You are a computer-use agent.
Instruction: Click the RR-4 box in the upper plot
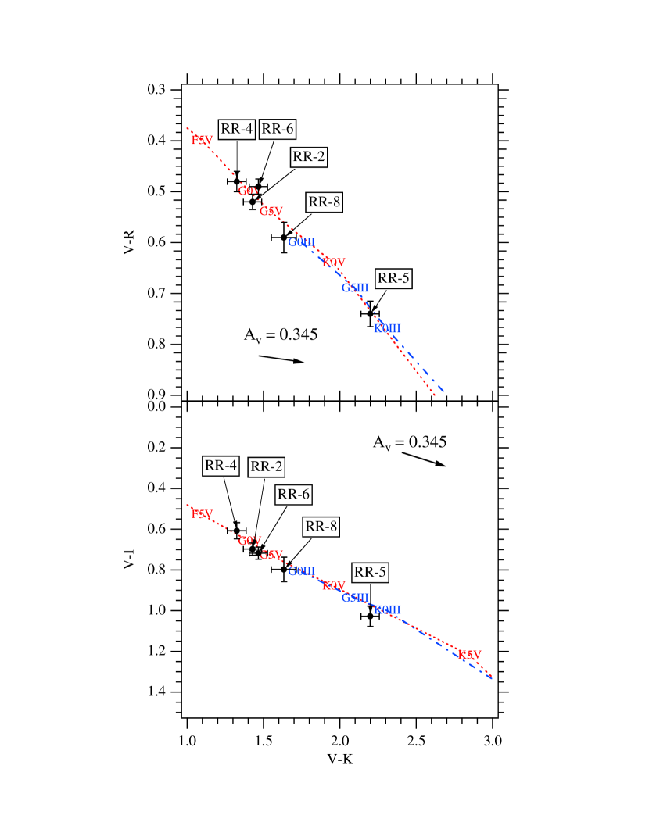tap(236, 129)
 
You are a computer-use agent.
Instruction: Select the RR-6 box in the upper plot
tap(278, 129)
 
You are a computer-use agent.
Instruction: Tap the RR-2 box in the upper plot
tap(309, 157)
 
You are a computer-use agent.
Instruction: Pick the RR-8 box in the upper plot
tap(324, 202)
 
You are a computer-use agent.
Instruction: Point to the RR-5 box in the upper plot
tap(393, 278)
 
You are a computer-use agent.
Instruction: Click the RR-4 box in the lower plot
tap(221, 466)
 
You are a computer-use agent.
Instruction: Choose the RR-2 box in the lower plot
tap(267, 467)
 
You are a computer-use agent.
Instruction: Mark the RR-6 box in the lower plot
tap(293, 495)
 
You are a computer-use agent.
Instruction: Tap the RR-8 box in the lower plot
tap(321, 527)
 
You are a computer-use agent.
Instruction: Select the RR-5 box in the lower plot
tap(370, 572)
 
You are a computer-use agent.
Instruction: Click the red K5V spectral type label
tap(470, 655)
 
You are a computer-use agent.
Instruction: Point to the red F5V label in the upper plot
tap(202, 141)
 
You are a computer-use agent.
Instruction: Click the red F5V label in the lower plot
tap(202, 514)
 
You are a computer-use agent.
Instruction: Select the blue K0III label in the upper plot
tap(387, 328)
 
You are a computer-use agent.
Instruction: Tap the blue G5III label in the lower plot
tap(355, 598)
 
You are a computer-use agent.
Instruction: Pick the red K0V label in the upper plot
tap(334, 263)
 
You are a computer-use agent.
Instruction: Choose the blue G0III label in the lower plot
tap(301, 571)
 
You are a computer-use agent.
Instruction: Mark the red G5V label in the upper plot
tap(271, 212)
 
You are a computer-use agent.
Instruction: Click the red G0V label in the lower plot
tap(249, 541)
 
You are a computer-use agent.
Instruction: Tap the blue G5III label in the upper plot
tap(355, 288)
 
